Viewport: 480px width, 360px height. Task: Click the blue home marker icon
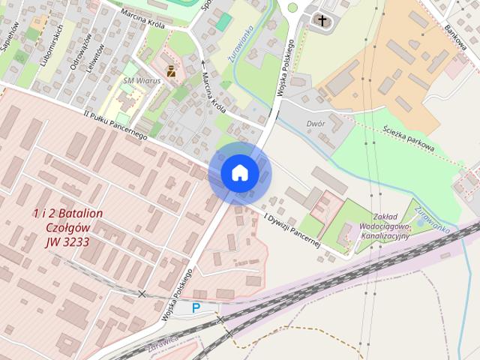[x=240, y=173]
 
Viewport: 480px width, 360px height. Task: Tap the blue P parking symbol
[x=196, y=307]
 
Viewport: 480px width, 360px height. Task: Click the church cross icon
[x=322, y=20]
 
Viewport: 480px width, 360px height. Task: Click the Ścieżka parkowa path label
[x=408, y=138]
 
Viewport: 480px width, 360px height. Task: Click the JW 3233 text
[x=67, y=241]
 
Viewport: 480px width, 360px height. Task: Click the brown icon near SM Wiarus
[x=171, y=72]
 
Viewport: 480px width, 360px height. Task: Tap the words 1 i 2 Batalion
[x=67, y=214]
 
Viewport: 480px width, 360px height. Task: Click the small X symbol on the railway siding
[x=142, y=293]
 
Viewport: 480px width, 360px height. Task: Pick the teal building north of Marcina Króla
[x=223, y=22]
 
